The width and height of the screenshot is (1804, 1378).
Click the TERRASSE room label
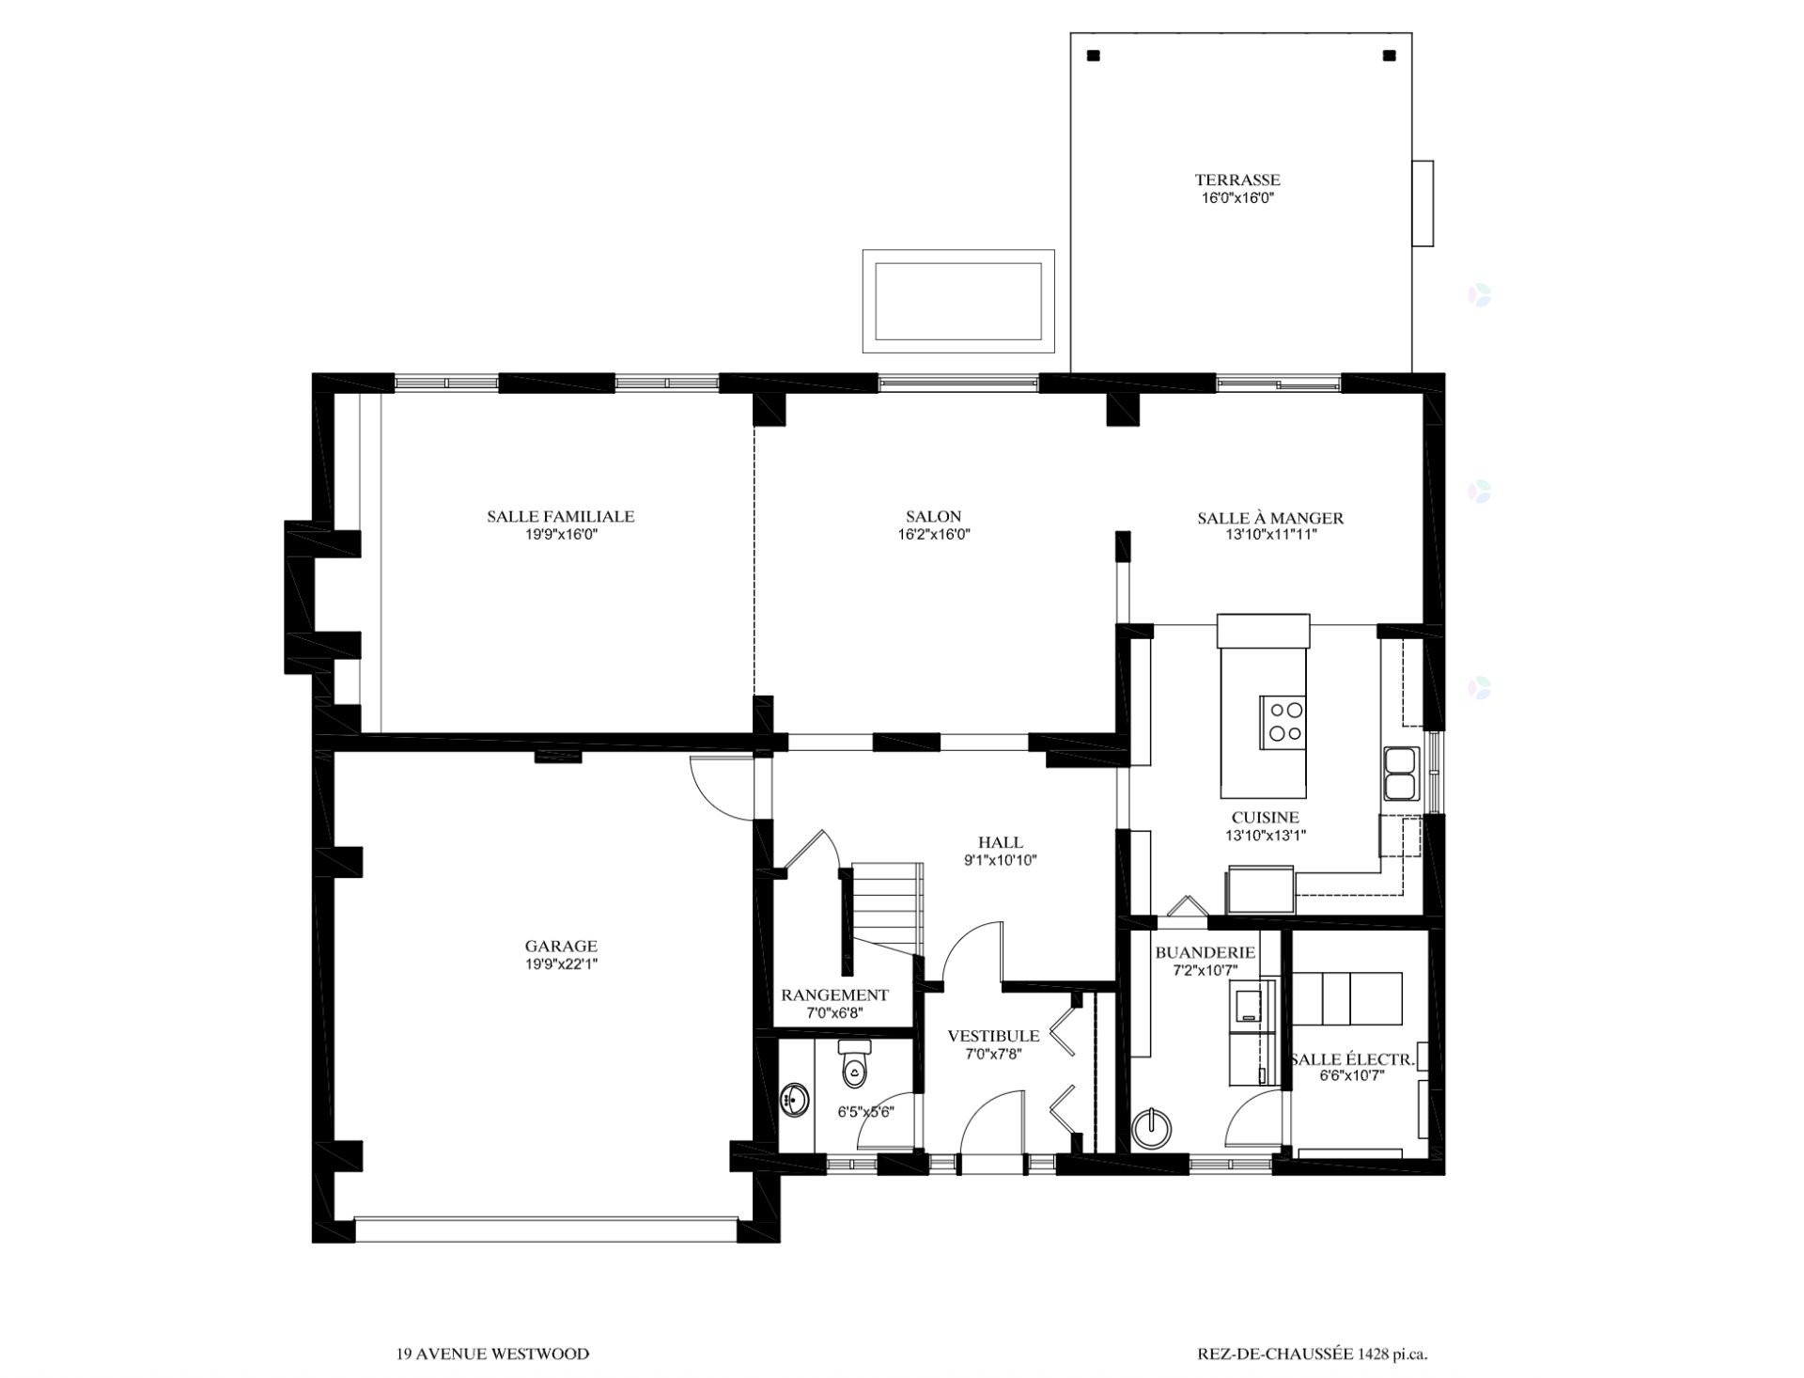coord(1237,180)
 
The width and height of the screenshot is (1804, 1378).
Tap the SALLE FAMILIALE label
coord(561,516)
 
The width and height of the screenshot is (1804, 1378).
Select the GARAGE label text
coord(561,947)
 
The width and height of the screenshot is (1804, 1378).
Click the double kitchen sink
coord(1399,773)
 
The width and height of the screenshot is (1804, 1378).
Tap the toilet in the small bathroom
coord(854,1062)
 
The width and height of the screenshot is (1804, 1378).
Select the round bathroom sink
coord(795,1100)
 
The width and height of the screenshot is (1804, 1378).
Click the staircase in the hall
coord(887,908)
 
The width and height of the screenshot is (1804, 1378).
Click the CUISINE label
coord(1266,818)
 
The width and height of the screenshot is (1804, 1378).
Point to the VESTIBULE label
coord(993,1036)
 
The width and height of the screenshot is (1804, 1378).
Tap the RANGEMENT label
coord(834,995)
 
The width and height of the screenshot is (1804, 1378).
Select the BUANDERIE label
coord(1205,952)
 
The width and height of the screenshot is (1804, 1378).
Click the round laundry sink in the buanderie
coord(1152,1127)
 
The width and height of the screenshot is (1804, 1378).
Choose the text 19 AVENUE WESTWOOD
coord(492,1355)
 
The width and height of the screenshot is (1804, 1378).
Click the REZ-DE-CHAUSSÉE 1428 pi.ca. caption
coord(1313,1355)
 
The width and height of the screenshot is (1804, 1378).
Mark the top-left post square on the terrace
coord(1093,55)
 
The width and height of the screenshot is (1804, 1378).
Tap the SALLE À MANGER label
coord(1270,518)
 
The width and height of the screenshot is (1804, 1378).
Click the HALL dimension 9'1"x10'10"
coord(1001,860)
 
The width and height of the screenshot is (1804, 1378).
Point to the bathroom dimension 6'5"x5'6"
coord(865,1112)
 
